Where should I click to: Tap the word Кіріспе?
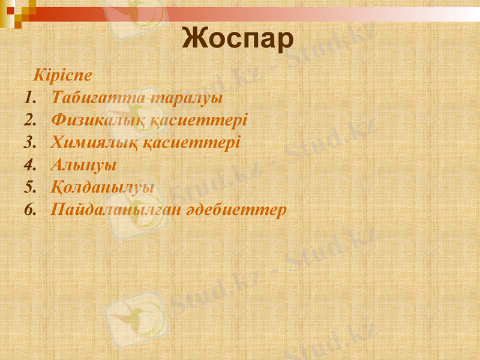tap(63, 76)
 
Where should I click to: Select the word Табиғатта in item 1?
tap(88, 98)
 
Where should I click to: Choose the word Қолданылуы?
tap(103, 187)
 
